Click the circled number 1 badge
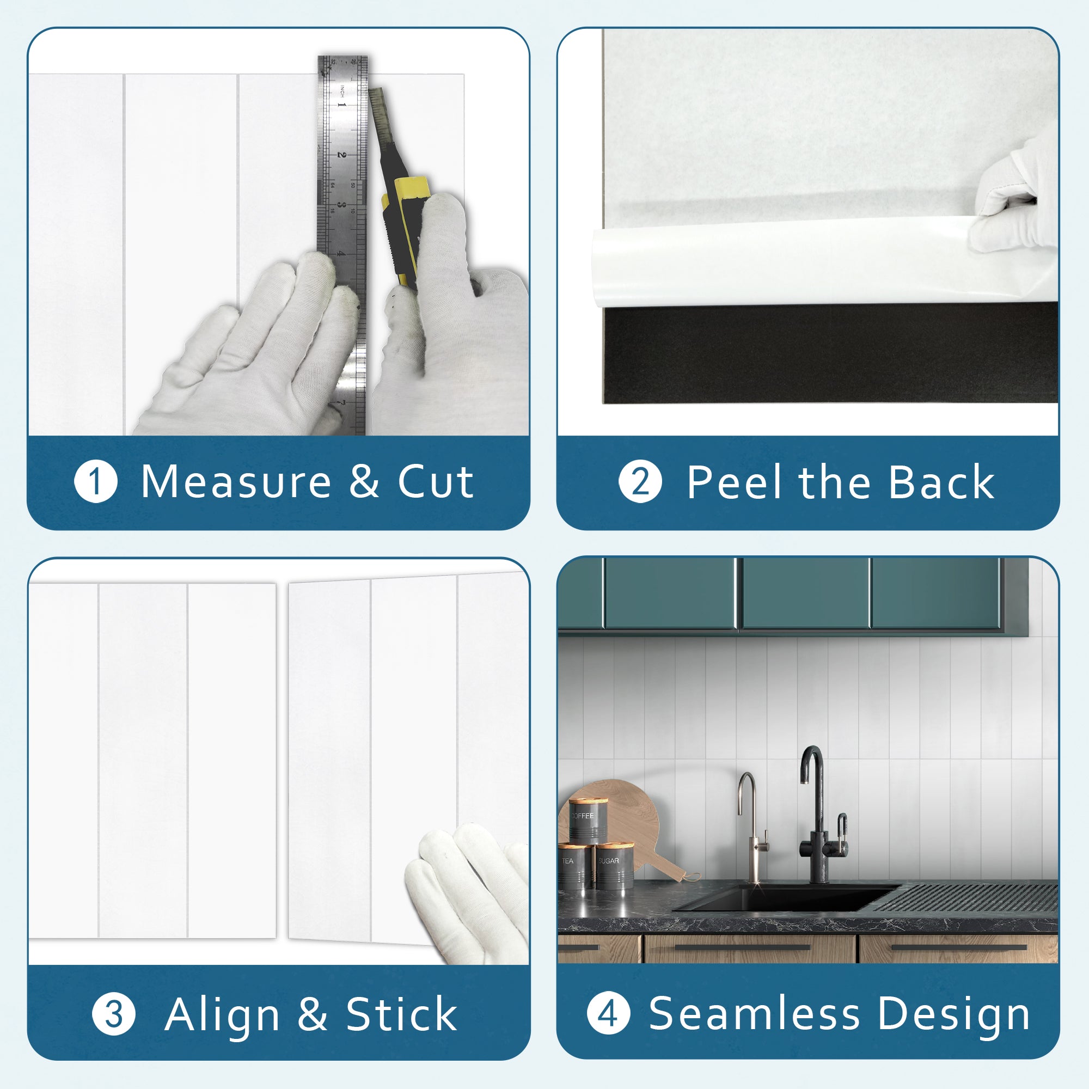coord(96,482)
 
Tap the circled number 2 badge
coord(640,482)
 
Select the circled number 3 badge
coord(113,1013)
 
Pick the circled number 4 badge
coord(608,1013)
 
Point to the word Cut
coord(435,482)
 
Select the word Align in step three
coord(222,1014)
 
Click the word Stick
coord(401,1014)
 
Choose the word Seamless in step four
coord(754,1013)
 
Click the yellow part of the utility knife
coord(411,192)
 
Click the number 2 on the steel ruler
coord(341,154)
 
